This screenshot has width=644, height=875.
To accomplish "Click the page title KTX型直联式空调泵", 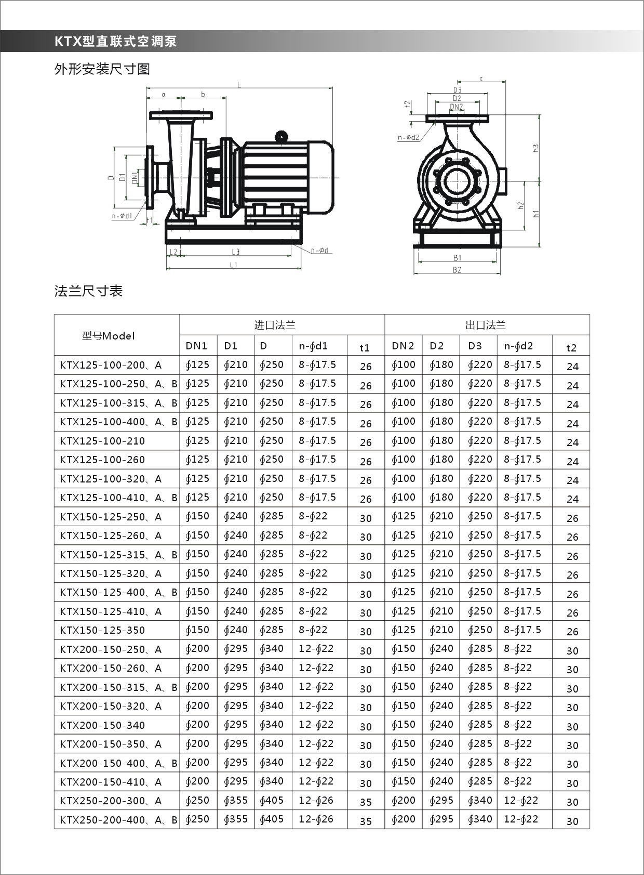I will (116, 42).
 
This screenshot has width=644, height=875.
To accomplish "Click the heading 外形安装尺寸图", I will (102, 69).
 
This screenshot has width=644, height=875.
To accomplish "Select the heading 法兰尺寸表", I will (89, 291).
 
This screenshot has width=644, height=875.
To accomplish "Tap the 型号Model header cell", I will (108, 336).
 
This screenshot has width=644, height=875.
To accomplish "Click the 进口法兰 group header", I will (275, 325).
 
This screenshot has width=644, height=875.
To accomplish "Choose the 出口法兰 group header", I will (486, 325).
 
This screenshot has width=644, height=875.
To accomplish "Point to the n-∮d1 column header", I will (313, 346).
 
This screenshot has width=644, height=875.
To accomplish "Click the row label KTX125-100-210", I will (102, 441).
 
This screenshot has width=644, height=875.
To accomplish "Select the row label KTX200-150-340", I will (102, 725).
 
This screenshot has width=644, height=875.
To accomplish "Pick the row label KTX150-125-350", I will (102, 630).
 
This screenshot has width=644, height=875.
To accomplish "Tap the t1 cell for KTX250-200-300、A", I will (366, 802).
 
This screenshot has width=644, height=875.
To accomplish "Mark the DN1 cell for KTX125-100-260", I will (197, 460).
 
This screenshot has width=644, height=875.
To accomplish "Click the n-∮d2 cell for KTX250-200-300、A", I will (521, 801).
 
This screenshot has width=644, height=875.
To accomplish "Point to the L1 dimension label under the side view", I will (234, 265).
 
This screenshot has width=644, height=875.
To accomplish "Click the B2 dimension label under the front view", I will (457, 270).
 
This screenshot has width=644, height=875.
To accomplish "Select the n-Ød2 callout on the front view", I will (409, 138).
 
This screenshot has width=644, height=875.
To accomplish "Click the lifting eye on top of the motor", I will (281, 136).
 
